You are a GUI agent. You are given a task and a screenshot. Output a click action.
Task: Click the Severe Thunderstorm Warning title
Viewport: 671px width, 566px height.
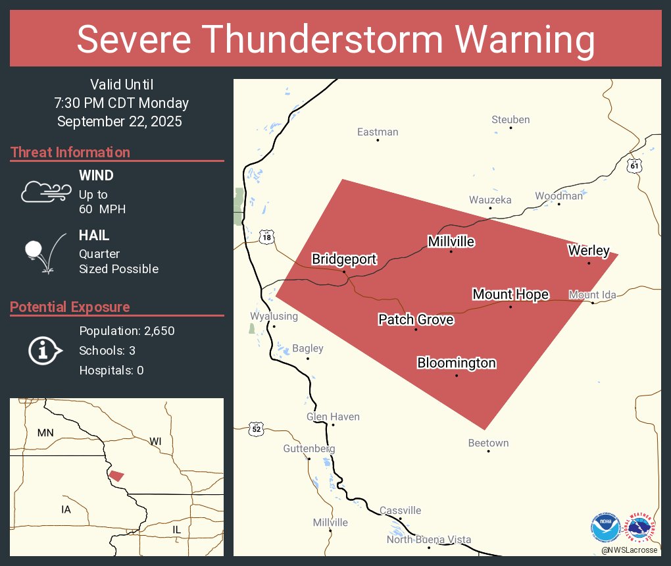click(335, 39)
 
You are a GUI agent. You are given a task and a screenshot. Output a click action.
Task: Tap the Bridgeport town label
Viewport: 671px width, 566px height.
click(344, 259)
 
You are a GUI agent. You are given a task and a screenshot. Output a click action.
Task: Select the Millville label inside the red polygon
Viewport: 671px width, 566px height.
click(451, 242)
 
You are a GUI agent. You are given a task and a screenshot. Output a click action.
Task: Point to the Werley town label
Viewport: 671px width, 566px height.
click(589, 251)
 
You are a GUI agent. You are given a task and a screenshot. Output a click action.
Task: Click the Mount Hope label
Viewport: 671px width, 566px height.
click(510, 294)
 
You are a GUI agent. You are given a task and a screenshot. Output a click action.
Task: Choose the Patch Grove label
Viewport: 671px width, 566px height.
click(416, 320)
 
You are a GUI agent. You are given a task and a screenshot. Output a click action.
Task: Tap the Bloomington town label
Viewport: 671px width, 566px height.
click(457, 363)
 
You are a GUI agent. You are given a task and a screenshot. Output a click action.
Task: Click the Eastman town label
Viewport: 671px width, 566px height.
click(378, 132)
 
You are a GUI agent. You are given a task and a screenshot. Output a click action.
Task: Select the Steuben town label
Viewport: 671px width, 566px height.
click(510, 120)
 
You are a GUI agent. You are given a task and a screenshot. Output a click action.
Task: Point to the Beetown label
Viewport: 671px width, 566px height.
click(488, 443)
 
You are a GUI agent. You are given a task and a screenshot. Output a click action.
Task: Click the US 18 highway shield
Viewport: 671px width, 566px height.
click(266, 238)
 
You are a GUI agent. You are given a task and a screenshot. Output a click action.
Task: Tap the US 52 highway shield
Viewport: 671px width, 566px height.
click(256, 429)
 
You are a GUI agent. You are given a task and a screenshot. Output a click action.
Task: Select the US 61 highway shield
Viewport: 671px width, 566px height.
click(634, 165)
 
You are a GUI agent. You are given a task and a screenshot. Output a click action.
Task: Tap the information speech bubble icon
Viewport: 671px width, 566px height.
click(44, 350)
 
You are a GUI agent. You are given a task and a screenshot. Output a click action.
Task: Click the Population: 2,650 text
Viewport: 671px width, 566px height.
click(127, 331)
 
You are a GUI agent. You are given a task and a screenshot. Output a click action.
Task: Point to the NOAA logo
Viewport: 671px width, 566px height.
click(605, 527)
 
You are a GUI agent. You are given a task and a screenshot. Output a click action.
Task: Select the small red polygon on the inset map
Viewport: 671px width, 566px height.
click(116, 475)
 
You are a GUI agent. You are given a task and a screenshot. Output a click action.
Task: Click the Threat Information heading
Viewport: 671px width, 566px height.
click(70, 153)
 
